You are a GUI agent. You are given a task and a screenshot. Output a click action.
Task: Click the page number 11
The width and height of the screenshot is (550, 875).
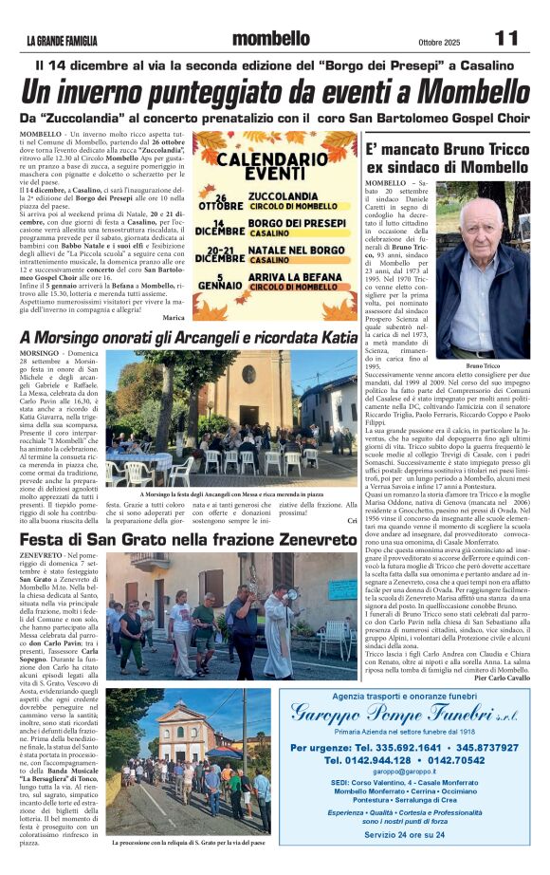506,39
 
